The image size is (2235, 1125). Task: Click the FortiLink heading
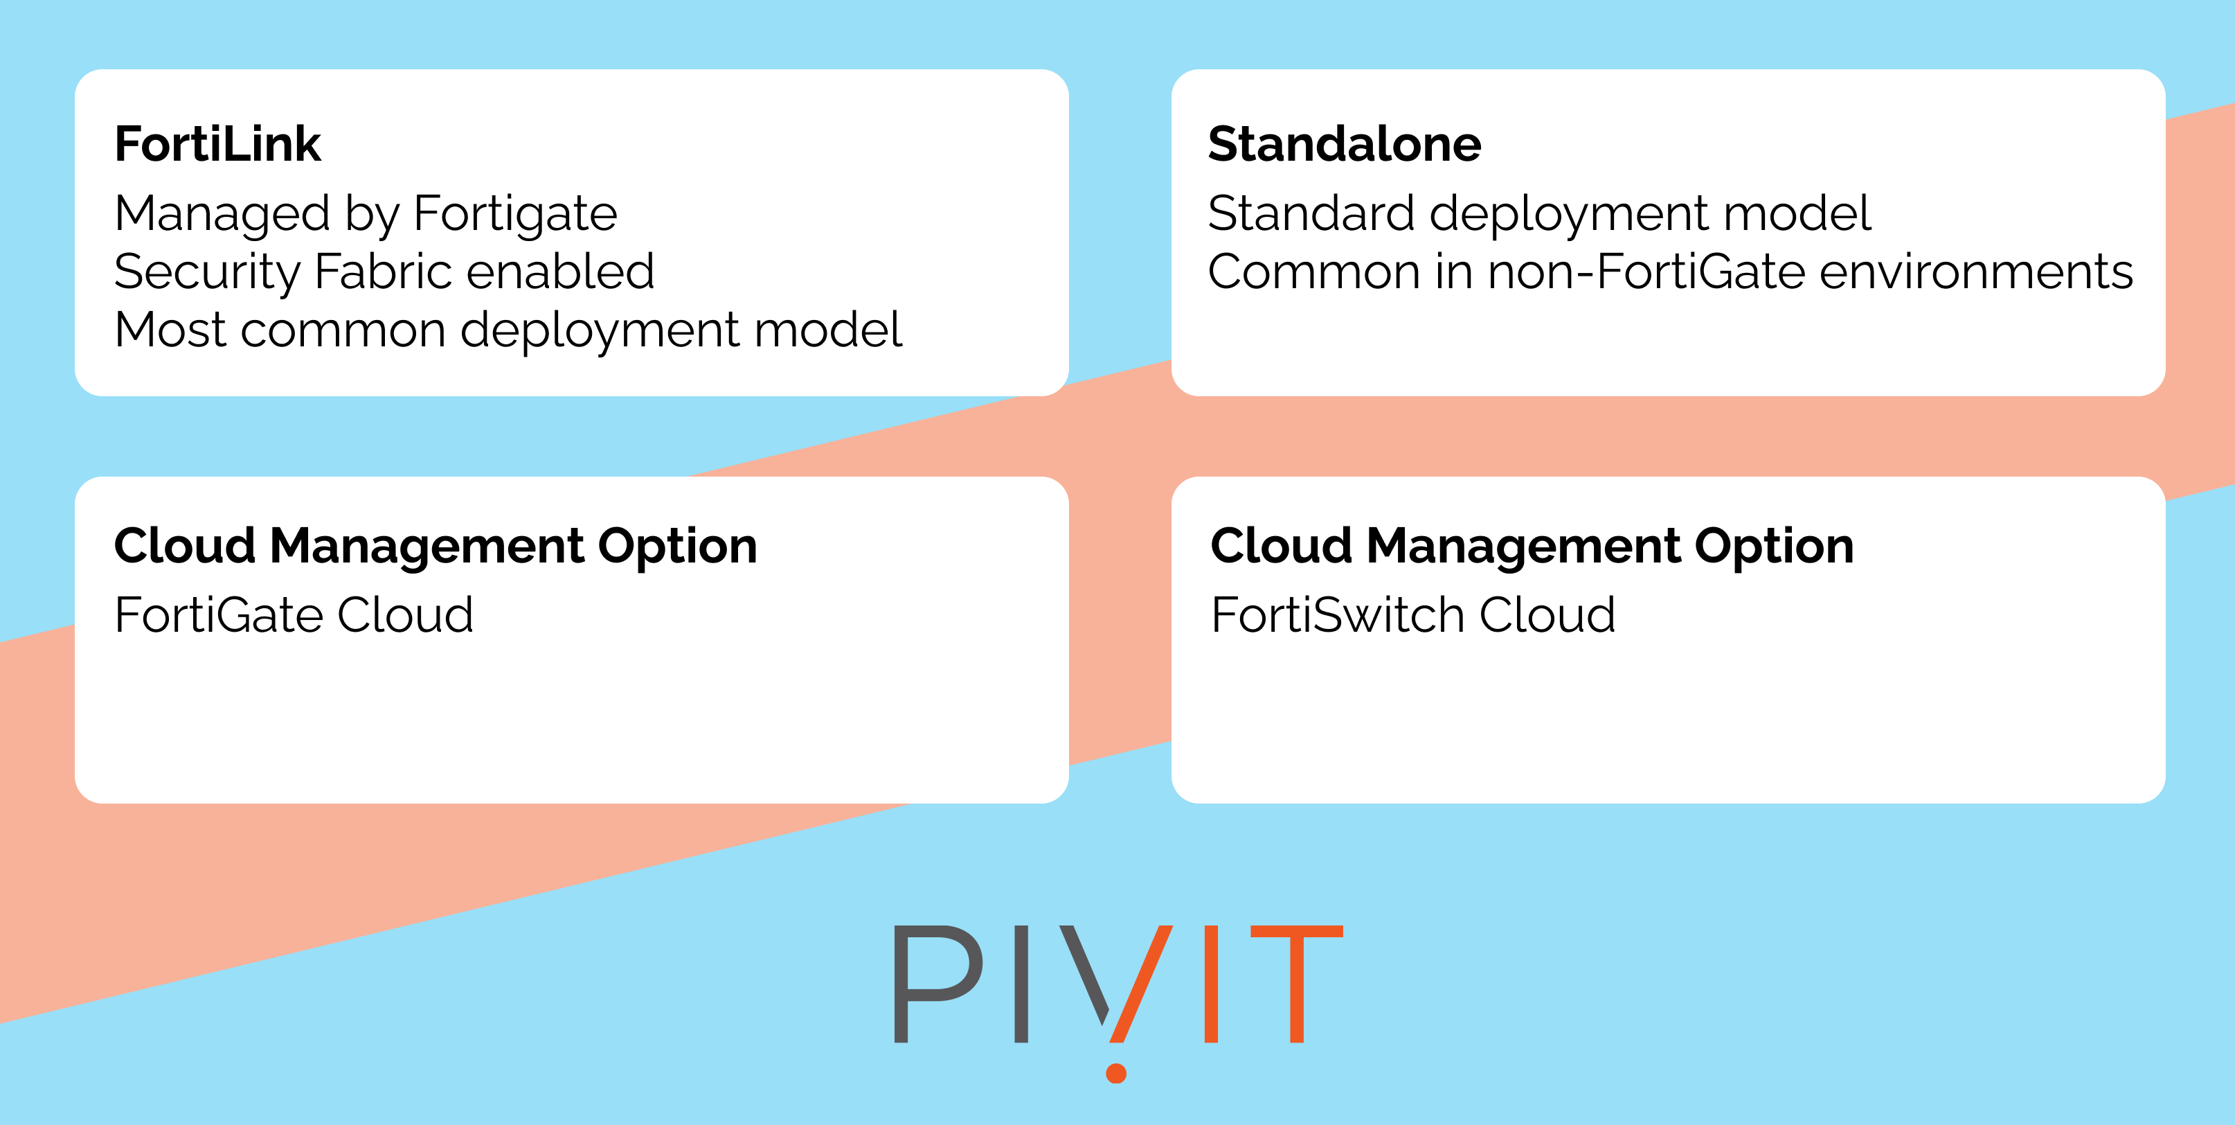click(x=218, y=144)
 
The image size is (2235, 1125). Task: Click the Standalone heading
click(x=1345, y=144)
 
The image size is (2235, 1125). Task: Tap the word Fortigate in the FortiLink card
click(x=515, y=215)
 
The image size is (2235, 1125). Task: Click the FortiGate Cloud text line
click(x=294, y=615)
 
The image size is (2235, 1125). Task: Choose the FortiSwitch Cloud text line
click(x=1413, y=615)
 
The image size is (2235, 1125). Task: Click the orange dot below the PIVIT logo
click(x=1117, y=1074)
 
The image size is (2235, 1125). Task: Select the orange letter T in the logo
click(x=1296, y=984)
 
